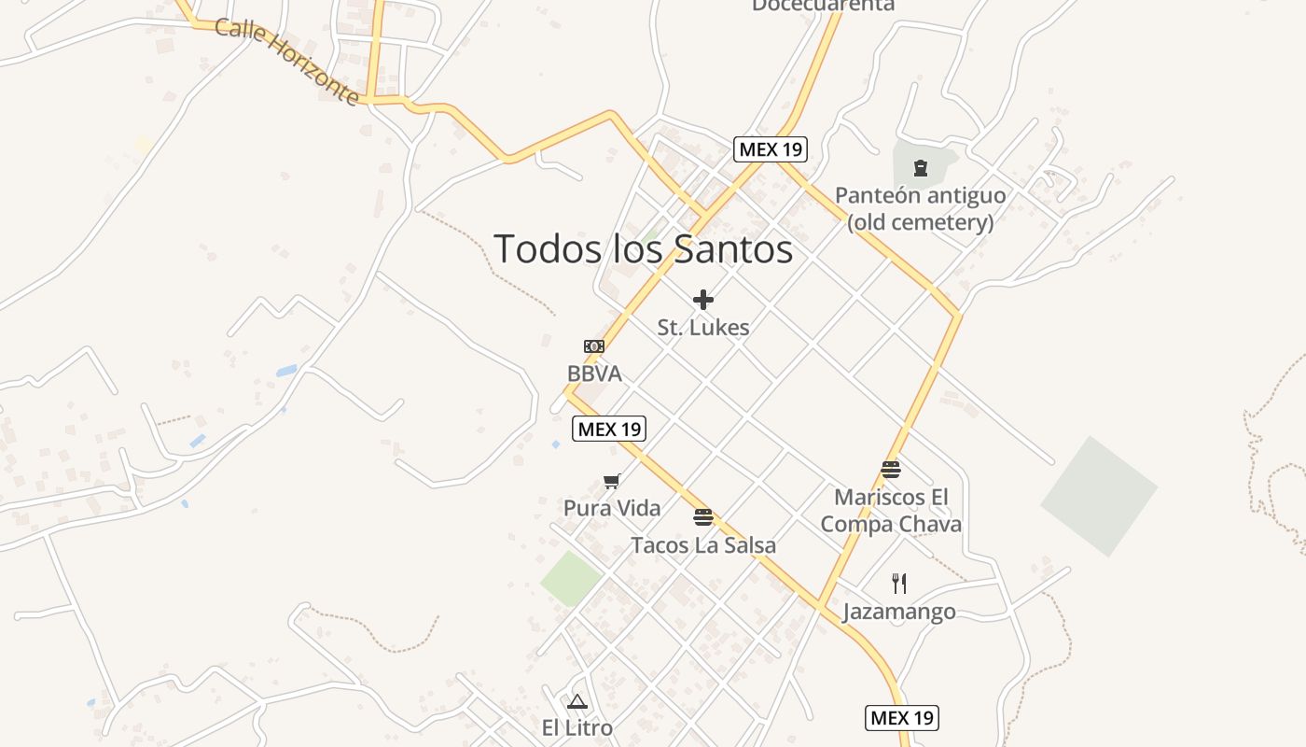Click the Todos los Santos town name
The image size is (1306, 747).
click(643, 249)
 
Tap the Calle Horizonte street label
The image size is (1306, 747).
click(286, 61)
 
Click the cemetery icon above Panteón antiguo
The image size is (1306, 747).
click(921, 169)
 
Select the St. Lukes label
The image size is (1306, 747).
click(703, 328)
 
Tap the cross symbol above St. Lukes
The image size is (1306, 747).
click(703, 300)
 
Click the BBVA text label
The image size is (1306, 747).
click(594, 373)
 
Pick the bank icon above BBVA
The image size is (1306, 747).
click(594, 346)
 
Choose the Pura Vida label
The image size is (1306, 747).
click(612, 508)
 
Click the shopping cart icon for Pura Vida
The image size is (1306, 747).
click(611, 482)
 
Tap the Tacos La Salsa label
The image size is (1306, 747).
click(703, 544)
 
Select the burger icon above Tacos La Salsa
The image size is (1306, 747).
click(703, 517)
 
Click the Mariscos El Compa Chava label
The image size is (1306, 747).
click(891, 510)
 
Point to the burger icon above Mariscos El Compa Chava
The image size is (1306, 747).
click(891, 469)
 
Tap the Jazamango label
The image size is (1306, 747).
click(899, 612)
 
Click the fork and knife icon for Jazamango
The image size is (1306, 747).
click(899, 584)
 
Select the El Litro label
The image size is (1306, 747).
click(577, 727)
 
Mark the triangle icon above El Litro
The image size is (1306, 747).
click(577, 701)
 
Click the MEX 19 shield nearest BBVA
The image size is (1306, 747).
click(608, 429)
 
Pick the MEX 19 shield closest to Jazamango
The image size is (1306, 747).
click(901, 717)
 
